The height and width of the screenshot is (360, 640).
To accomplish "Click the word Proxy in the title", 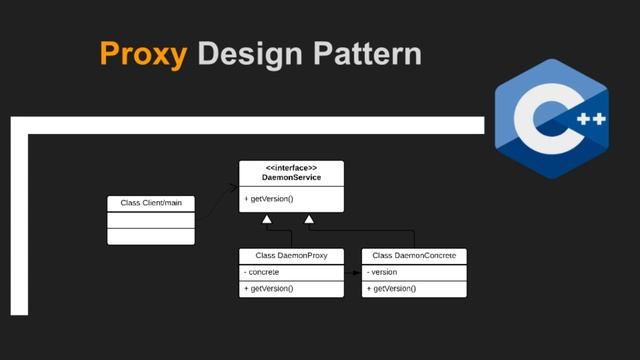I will click(x=142, y=53).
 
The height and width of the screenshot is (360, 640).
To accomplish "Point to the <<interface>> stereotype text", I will click(x=290, y=167).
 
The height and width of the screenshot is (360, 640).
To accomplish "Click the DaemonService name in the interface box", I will click(x=290, y=178).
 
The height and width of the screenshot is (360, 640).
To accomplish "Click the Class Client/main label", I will click(x=151, y=203).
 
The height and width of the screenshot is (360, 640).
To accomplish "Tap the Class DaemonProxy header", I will click(x=290, y=255).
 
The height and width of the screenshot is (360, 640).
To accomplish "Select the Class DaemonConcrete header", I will click(x=414, y=255).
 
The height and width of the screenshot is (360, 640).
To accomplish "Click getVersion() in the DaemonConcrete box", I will click(x=392, y=288).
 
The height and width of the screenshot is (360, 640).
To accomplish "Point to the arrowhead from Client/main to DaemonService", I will click(x=234, y=186).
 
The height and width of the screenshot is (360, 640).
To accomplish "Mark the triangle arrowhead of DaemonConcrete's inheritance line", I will click(x=309, y=218).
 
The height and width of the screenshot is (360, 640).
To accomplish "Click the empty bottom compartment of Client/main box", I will click(x=151, y=236).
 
